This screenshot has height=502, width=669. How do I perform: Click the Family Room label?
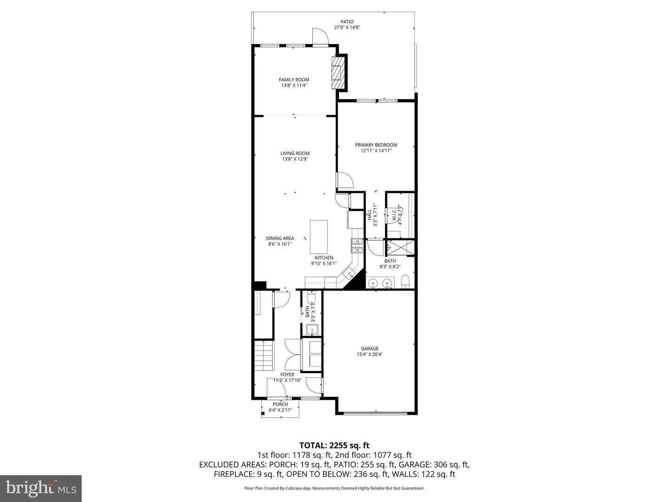[294, 79]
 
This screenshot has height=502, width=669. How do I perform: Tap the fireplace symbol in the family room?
[338, 73]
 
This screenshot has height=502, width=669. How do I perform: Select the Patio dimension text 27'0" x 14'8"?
[347, 27]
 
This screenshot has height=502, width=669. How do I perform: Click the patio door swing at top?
[320, 37]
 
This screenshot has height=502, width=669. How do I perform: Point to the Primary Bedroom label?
[376, 145]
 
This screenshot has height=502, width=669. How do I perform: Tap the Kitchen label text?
[324, 258]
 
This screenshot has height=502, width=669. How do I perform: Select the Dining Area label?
[280, 238]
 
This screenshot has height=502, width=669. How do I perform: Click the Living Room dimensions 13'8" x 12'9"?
[295, 159]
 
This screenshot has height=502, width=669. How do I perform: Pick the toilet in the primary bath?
[405, 281]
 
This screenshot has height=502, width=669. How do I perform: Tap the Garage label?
[370, 349]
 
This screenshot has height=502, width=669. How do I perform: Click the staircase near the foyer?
[263, 356]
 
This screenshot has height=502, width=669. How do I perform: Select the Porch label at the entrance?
[280, 404]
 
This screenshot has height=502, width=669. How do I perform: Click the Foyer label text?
[287, 375]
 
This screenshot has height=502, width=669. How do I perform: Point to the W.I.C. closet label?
[394, 215]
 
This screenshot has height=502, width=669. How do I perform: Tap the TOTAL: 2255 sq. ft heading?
[334, 445]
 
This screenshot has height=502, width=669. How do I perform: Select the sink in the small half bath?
[312, 330]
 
